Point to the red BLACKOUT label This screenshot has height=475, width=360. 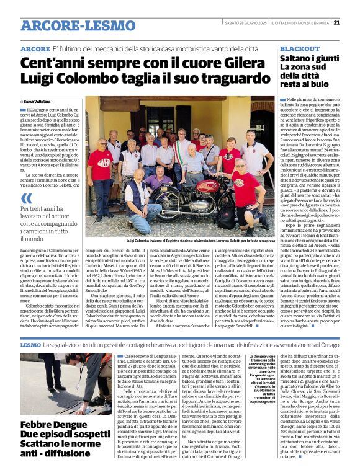coord(300,48)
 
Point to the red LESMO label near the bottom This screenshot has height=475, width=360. coord(30,344)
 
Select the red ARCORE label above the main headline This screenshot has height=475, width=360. coord(35,49)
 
